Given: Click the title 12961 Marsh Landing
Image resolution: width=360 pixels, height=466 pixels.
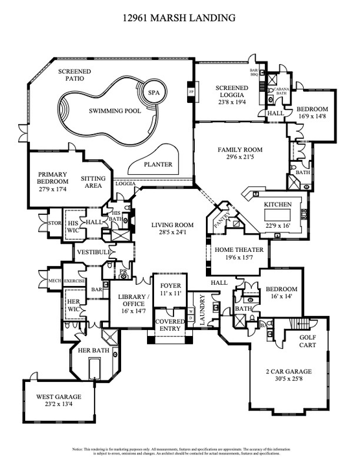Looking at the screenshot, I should pos(179,18).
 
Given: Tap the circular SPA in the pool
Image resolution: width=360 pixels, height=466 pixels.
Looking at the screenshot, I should pos(153,93).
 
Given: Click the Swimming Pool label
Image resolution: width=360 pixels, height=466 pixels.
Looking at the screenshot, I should pos(115,111).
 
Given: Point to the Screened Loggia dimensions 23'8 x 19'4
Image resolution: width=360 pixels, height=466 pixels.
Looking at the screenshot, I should pos(232,101).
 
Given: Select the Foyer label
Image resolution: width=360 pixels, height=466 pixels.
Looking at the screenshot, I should pos(169,283).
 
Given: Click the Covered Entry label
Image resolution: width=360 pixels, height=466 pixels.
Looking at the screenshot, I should pos(170,324).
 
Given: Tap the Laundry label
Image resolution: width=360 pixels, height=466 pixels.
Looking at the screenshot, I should pos(202,311).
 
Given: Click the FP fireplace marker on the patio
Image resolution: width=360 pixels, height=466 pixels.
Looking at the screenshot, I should pos(191,92).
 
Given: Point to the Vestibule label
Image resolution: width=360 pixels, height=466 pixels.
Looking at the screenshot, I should pos(91,252).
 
